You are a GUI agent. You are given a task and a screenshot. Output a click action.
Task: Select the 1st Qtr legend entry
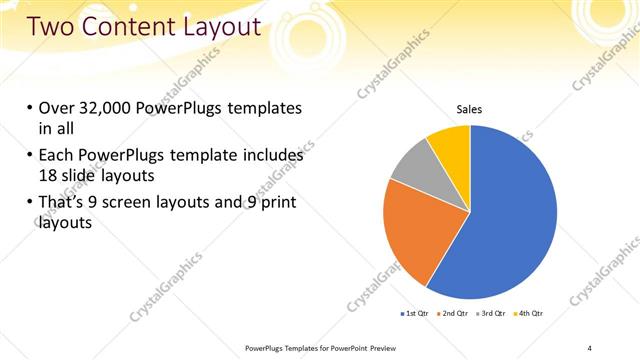[416, 315]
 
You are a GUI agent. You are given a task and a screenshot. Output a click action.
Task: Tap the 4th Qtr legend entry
[530, 315]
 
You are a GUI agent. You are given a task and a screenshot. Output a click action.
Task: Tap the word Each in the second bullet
[58, 156]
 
